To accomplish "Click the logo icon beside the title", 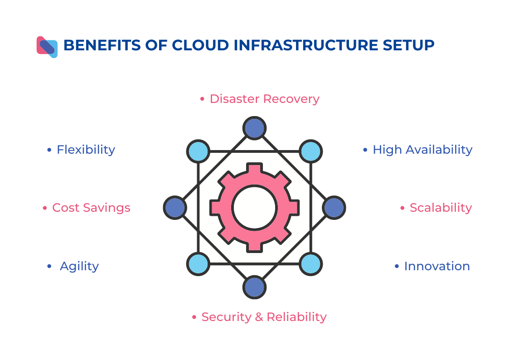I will point(47,47).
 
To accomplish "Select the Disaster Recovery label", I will point(264,99).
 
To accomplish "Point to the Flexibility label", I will point(86,150).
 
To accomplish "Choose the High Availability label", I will point(422,150).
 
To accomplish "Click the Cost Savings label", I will point(91,208).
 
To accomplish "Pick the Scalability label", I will point(441,208).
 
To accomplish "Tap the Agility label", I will point(79,266).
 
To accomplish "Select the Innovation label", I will point(436,266).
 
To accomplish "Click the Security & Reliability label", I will point(264,317).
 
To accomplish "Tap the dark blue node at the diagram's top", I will point(254,128).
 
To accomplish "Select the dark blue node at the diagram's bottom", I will point(254,287).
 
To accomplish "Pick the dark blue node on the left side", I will point(175,208).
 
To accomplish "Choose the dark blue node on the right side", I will point(334,208).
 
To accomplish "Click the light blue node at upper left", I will point(198,151).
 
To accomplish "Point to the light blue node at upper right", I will point(310,151).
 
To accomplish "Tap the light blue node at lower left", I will point(198,264).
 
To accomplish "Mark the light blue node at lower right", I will point(310,264).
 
